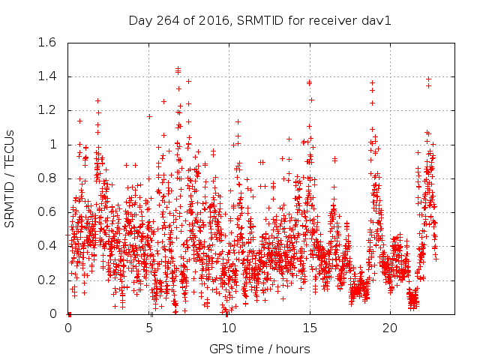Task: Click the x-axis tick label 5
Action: click(x=149, y=328)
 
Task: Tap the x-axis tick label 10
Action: click(x=229, y=328)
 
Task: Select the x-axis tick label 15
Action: click(x=310, y=328)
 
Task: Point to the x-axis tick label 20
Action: click(x=390, y=328)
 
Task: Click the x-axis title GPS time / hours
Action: click(x=259, y=349)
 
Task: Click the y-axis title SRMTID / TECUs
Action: click(x=13, y=178)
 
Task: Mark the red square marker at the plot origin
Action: click(x=69, y=313)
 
